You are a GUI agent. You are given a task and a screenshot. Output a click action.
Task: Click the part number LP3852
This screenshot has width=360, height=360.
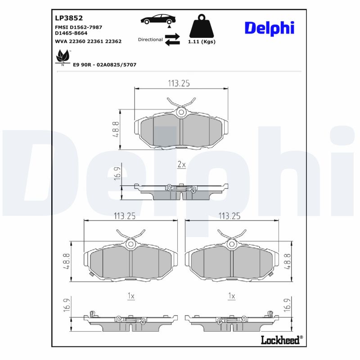point(68,18)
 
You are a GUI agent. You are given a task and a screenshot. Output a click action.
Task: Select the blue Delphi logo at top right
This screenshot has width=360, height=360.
point(269,27)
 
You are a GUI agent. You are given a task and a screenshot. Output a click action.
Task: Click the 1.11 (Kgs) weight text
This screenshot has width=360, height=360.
point(202,42)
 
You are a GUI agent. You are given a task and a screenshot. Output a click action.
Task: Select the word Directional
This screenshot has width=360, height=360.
point(150,40)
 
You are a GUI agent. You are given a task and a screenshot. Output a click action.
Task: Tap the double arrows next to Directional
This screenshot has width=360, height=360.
point(172,39)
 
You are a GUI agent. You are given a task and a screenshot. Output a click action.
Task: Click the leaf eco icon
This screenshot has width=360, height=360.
point(62,58)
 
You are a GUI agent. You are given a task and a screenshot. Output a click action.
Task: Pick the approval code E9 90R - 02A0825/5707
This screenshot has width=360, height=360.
point(104,65)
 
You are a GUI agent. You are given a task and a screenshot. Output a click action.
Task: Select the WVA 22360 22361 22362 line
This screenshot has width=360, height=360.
point(88,41)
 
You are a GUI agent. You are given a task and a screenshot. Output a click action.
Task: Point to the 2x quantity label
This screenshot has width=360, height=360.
point(181,165)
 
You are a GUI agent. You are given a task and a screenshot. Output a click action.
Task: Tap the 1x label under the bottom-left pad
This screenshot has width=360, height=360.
point(131,296)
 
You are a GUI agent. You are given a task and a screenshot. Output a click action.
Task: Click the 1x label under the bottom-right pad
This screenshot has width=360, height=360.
point(232,296)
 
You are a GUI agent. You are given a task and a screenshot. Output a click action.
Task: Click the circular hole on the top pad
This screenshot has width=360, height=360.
point(181,112)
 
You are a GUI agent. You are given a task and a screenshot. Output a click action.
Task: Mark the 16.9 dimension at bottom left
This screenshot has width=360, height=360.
point(66,305)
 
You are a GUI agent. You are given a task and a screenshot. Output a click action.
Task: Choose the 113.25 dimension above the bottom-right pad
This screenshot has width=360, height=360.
point(229,216)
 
